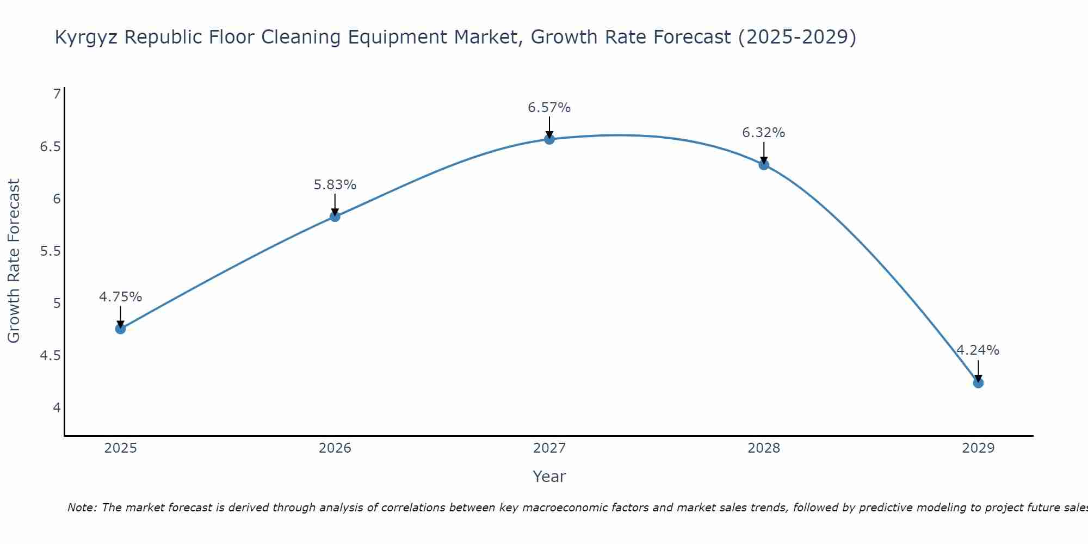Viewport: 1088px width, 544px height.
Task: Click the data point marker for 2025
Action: pos(121,329)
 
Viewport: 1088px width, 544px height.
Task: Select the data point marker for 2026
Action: pos(335,217)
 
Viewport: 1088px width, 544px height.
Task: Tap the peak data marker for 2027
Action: pos(549,139)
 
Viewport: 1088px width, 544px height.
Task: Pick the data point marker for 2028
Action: pos(764,165)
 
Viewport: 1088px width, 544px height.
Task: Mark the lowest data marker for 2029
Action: pos(978,383)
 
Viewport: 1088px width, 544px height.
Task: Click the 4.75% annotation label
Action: pos(121,297)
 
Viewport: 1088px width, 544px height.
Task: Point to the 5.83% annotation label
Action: pos(335,185)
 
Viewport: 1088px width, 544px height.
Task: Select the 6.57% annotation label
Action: pos(549,108)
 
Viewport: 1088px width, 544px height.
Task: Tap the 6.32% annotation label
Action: pos(764,133)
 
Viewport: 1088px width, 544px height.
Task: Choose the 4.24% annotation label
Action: pos(978,350)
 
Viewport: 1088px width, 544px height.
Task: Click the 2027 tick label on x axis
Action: pos(549,448)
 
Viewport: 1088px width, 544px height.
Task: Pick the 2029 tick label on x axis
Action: pos(978,448)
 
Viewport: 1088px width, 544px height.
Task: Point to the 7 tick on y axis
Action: pos(57,94)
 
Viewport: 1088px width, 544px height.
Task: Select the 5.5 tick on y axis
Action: pos(51,251)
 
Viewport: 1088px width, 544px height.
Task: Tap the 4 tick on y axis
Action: pos(57,408)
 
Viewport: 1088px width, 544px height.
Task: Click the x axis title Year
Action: pos(549,477)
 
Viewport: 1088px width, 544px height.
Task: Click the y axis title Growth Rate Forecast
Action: pos(14,261)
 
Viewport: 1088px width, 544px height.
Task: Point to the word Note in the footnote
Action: pos(82,508)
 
